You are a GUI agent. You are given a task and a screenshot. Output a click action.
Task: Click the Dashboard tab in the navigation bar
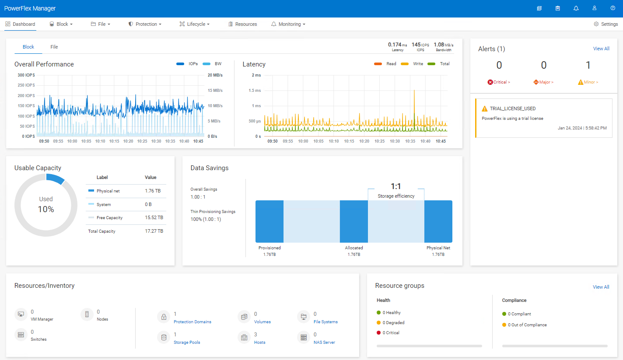20,24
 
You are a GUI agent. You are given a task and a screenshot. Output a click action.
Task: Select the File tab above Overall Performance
54,47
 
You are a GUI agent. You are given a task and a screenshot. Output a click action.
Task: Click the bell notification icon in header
576,8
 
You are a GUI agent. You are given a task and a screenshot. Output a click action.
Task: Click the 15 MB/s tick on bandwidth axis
215,91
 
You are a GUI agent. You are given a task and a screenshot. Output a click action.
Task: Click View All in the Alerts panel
601,49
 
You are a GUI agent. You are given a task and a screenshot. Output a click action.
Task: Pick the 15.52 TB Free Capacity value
154,217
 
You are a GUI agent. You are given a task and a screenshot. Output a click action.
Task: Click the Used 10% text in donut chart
46,204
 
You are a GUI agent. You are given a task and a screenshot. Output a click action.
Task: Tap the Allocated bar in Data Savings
353,221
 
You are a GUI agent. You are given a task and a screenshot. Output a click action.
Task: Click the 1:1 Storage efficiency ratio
395,187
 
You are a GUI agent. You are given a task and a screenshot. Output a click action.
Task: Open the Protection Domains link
192,322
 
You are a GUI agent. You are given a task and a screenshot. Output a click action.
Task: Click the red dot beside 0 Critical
378,333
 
